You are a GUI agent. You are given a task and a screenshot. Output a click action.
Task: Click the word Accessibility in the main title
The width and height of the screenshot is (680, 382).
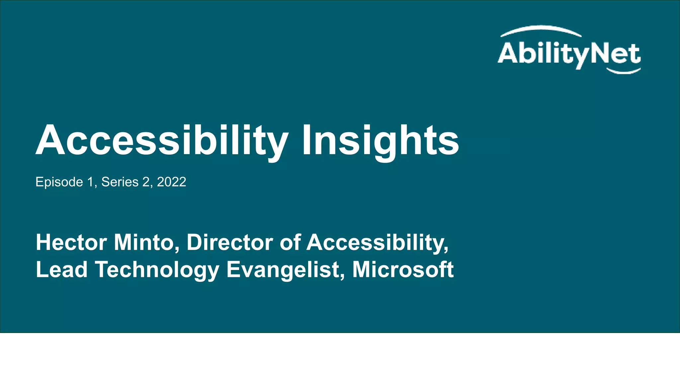pyautogui.click(x=162, y=141)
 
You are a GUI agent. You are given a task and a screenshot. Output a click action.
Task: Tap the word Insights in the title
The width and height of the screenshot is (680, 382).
pyautogui.click(x=380, y=141)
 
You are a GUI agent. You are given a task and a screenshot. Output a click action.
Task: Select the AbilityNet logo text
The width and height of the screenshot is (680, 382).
pyautogui.click(x=569, y=54)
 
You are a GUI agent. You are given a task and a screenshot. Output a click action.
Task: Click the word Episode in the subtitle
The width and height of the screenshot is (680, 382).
pyautogui.click(x=59, y=182)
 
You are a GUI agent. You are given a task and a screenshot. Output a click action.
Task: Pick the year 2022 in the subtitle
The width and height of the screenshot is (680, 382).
pyautogui.click(x=171, y=182)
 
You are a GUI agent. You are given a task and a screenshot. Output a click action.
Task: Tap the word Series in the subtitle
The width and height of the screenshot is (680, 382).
pyautogui.click(x=120, y=182)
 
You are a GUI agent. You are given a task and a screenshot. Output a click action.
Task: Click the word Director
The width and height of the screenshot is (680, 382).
pyautogui.click(x=229, y=242)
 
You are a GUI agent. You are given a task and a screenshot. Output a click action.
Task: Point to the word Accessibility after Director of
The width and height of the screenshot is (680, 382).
pyautogui.click(x=377, y=242)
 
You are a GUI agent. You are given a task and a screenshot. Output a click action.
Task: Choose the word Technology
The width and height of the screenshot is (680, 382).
pyautogui.click(x=157, y=270)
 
